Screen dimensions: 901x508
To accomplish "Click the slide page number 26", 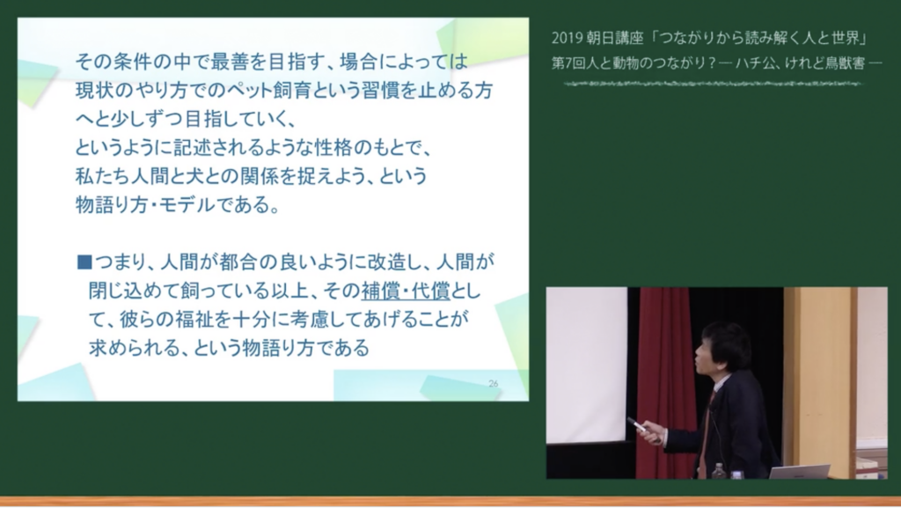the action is tap(493, 383).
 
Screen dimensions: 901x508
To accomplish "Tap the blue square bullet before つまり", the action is tap(84, 262).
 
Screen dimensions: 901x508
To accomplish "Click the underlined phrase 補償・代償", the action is tap(406, 291).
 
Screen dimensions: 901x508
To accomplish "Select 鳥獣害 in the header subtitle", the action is tap(846, 63).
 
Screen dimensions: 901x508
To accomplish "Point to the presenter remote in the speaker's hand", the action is tap(637, 424).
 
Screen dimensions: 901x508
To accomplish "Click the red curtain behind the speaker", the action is tap(663, 379).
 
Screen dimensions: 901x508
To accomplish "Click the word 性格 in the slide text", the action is tap(333, 148).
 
